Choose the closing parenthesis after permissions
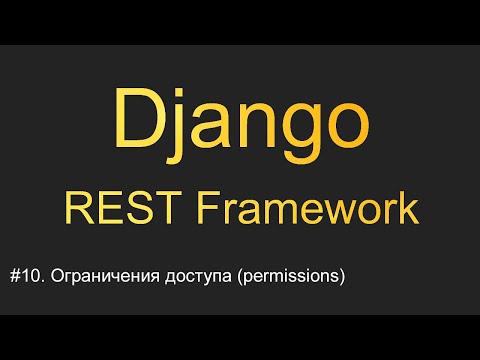[341, 277]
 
